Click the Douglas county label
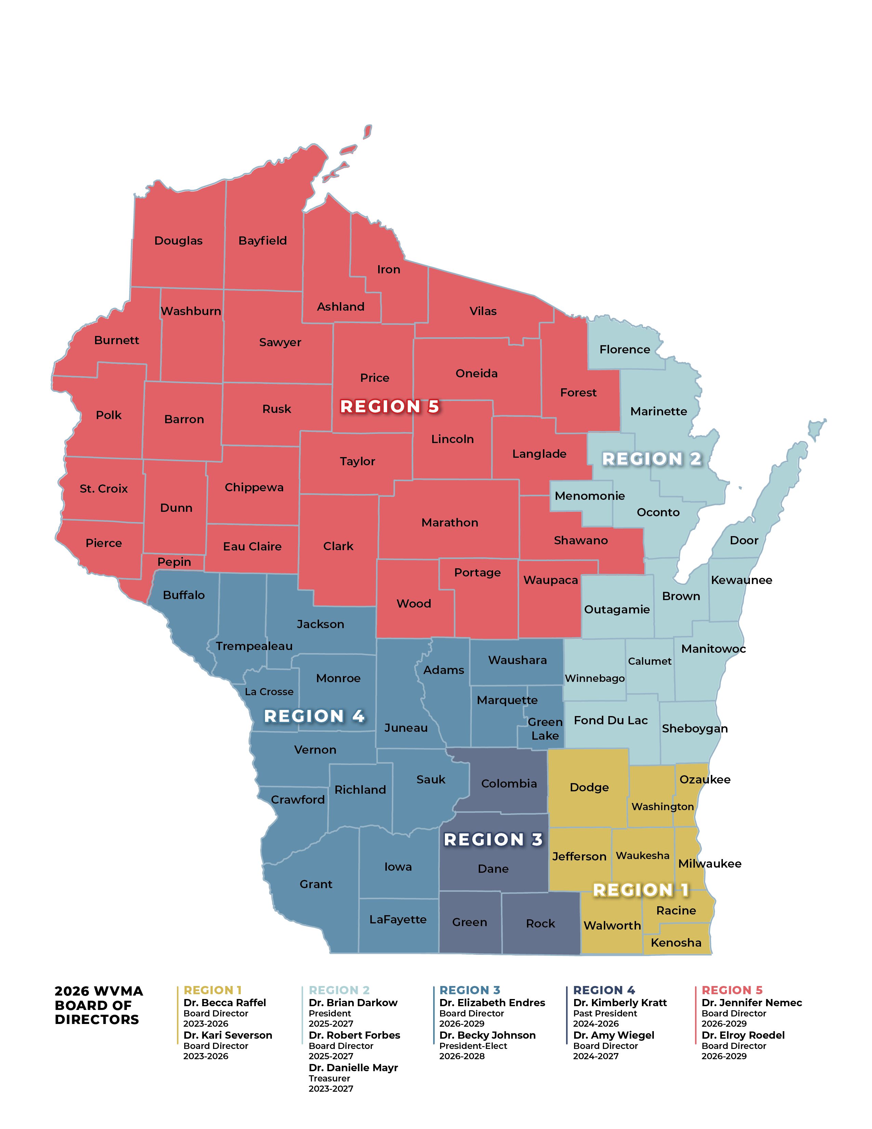[178, 241]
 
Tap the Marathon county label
[449, 523]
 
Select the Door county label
[744, 540]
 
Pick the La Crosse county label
[269, 692]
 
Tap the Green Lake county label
[545, 729]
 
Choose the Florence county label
[624, 349]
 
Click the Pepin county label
[174, 562]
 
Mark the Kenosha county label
[676, 943]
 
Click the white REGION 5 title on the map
[389, 407]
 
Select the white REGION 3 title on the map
[493, 840]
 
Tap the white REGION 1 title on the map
[640, 890]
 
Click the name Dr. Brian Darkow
[353, 1003]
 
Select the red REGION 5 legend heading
[731, 990]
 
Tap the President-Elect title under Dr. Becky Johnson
[473, 1046]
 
